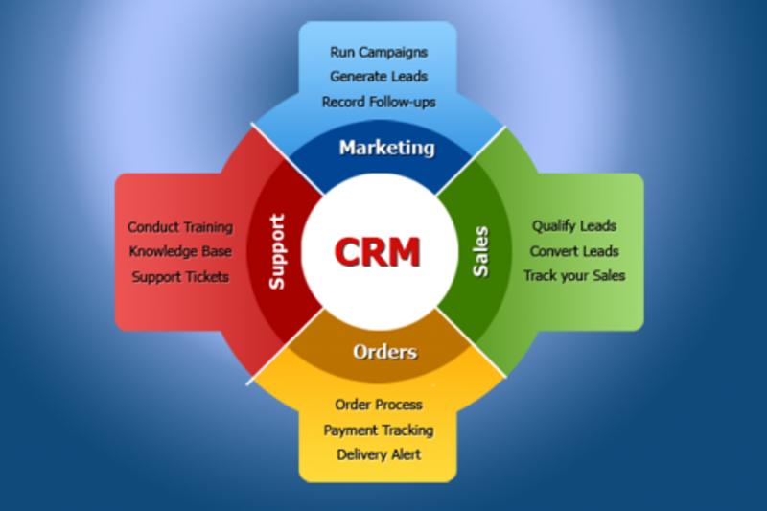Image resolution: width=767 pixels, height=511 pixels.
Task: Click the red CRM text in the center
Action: click(x=377, y=252)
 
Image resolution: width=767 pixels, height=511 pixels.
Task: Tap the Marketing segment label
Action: click(x=387, y=149)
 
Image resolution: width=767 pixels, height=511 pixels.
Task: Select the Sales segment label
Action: click(x=481, y=251)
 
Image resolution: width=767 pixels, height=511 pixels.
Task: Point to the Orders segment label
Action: click(x=385, y=352)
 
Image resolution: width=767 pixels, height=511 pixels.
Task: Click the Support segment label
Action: click(x=277, y=252)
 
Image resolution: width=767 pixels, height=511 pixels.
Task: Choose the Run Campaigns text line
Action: click(x=379, y=53)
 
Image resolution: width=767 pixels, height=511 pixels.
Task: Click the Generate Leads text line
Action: click(x=379, y=77)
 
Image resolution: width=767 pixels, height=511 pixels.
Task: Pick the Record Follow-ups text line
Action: click(x=379, y=103)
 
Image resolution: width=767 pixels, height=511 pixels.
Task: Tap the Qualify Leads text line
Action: click(x=574, y=226)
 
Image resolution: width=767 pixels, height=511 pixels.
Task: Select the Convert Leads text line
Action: click(x=574, y=251)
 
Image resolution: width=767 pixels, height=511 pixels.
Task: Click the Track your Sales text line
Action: click(x=574, y=276)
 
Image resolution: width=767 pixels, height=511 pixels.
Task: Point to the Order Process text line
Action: click(x=379, y=405)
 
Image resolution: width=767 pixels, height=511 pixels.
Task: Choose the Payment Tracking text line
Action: click(x=379, y=430)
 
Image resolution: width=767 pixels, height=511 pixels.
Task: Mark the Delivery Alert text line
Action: click(x=379, y=454)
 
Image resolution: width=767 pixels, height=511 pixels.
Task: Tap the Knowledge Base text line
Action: click(x=180, y=252)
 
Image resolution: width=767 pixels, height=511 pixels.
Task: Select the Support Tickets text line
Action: click(x=180, y=277)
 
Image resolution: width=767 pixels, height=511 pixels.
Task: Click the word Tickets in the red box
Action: click(x=206, y=277)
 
